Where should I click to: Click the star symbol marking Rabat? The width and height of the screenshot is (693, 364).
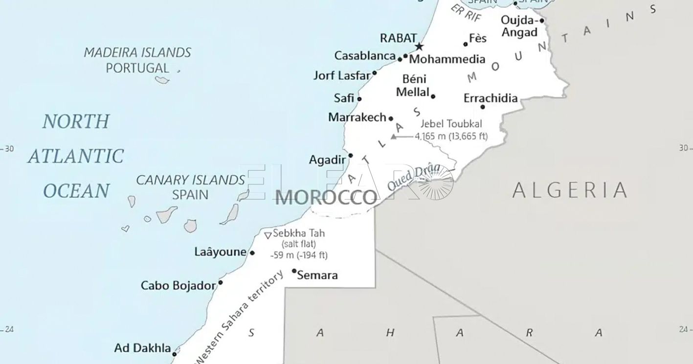[419, 47]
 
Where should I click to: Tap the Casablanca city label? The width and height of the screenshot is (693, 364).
[364, 56]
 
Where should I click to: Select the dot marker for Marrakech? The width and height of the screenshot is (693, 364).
[391, 118]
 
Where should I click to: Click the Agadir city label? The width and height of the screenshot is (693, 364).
[327, 160]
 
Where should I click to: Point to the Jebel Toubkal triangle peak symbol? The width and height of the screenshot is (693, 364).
[394, 137]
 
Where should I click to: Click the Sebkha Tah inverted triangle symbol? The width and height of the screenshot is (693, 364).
[268, 235]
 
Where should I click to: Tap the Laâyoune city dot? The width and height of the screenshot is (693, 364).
[252, 253]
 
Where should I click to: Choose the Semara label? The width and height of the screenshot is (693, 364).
[317, 275]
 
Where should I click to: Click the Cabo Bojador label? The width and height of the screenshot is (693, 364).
[178, 285]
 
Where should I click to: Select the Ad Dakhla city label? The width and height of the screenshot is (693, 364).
[142, 348]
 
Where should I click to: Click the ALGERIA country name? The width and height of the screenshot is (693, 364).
[570, 190]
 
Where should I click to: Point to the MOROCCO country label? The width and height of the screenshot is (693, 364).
[326, 198]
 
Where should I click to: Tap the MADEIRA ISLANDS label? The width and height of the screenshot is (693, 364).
[137, 52]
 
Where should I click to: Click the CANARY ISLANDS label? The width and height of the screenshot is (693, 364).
[190, 180]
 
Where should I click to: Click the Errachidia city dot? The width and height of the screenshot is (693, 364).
[483, 107]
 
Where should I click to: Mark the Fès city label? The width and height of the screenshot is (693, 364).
[478, 38]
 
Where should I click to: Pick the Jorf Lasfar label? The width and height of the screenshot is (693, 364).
[342, 76]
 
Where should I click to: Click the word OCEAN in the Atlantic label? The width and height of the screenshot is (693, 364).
[76, 190]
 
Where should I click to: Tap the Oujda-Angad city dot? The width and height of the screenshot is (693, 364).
[542, 21]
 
